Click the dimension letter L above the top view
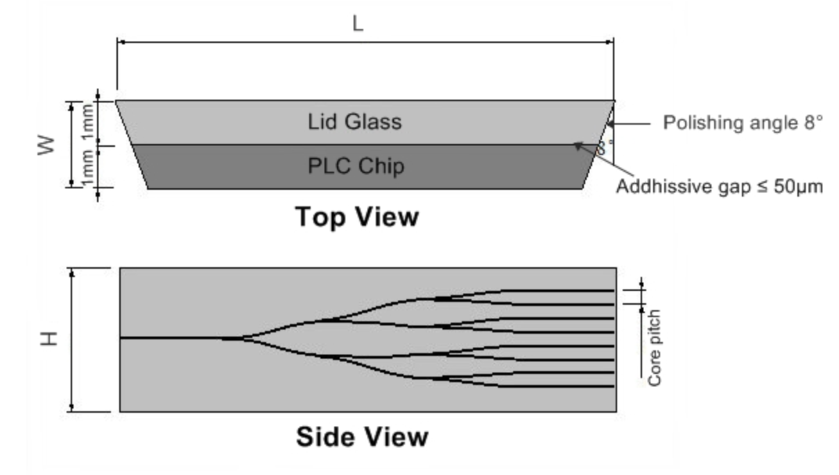pyautogui.click(x=358, y=24)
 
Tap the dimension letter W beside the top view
pyautogui.click(x=46, y=145)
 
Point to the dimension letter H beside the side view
pyautogui.click(x=49, y=339)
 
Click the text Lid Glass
pyautogui.click(x=355, y=122)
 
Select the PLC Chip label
pyautogui.click(x=356, y=166)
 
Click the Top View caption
pyautogui.click(x=357, y=217)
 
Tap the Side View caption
pyautogui.click(x=362, y=436)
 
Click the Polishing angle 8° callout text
pyautogui.click(x=743, y=123)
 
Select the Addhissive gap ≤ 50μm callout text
pyautogui.click(x=720, y=186)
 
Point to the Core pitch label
pyautogui.click(x=655, y=348)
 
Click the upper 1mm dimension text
pyautogui.click(x=87, y=123)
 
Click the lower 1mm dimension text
pyautogui.click(x=87, y=167)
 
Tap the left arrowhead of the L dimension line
pyautogui.click(x=121, y=42)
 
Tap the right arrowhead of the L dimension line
pyautogui.click(x=609, y=42)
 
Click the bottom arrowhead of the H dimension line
pyautogui.click(x=72, y=406)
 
